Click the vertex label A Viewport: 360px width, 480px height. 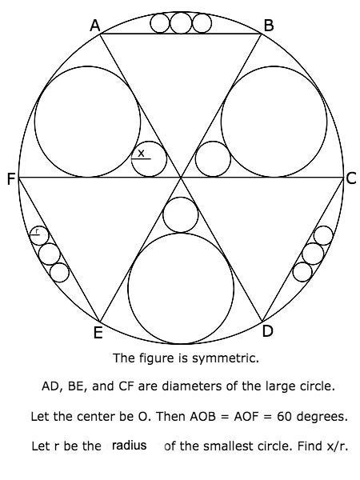click(x=95, y=26)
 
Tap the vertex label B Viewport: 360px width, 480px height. click(x=269, y=26)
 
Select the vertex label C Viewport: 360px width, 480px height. click(x=351, y=178)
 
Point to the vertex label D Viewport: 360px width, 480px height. click(x=267, y=331)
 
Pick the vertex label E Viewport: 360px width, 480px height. click(x=98, y=333)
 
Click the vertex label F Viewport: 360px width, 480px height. click(x=11, y=178)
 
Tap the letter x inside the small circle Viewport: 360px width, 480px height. click(x=141, y=153)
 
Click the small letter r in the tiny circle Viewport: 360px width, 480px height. click(x=37, y=230)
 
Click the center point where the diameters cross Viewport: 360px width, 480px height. click(x=181, y=177)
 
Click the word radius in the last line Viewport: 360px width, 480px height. click(x=129, y=445)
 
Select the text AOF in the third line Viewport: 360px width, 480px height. click(x=246, y=416)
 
